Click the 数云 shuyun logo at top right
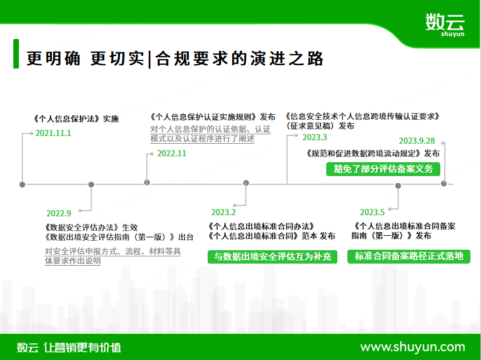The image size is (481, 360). point(445,25)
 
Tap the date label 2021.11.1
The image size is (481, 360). point(53,133)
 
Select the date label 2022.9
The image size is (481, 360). point(58,213)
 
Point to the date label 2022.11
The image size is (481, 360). point(171,153)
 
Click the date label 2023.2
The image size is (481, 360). point(223,212)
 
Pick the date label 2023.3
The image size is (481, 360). point(315,137)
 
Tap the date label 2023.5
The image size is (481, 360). point(372,212)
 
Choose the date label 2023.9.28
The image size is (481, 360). point(417,140)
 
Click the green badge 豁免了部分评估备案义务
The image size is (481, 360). point(383,169)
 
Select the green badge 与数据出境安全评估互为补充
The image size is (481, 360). point(272,256)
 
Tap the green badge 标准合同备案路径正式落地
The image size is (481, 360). point(409,256)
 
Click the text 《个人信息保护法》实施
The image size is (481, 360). point(76,119)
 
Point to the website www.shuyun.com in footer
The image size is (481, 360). point(413,347)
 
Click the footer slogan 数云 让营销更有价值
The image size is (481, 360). point(69,347)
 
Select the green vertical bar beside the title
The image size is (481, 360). point(16,53)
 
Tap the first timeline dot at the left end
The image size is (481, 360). point(22,184)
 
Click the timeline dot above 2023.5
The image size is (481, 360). point(398,186)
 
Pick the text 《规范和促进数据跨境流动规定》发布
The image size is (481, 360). point(372,153)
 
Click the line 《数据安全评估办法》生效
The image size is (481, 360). point(91,227)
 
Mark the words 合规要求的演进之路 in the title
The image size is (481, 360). point(239,59)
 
